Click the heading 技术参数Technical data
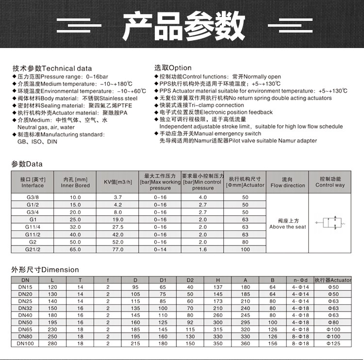52,68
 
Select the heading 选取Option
173,68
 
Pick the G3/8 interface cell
33,197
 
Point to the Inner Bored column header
75,182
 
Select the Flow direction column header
287,182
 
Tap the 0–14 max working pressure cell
160,249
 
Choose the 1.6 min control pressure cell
202,249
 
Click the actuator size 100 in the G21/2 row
245,249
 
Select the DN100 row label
25,344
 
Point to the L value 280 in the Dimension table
53,344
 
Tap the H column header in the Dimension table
218,280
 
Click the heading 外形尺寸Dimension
45,270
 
